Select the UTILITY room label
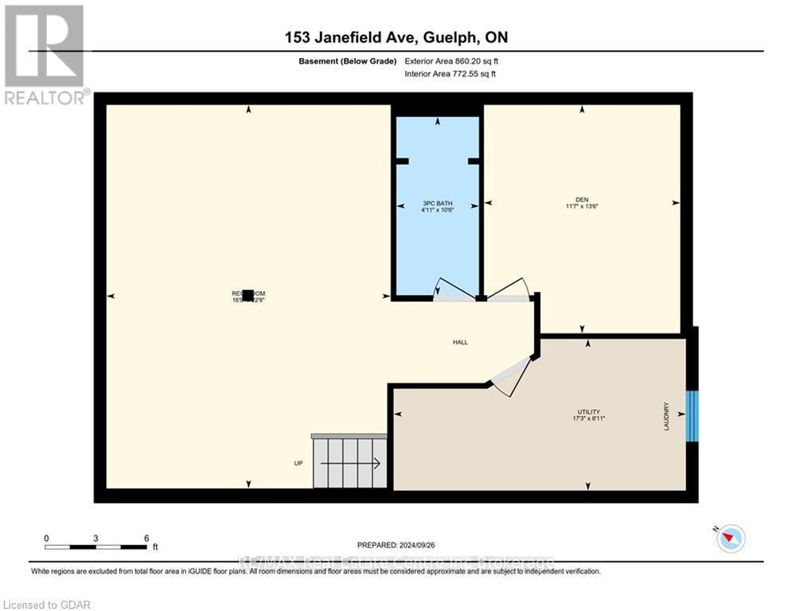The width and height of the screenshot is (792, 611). tap(588, 412)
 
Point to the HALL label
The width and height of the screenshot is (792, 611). tap(460, 343)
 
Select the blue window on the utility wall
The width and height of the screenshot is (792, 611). tap(692, 415)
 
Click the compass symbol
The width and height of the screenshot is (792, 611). tap(729, 539)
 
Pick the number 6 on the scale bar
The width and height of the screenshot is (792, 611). tap(146, 538)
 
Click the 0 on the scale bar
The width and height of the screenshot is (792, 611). tap(47, 538)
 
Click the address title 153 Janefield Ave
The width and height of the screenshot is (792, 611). tap(395, 37)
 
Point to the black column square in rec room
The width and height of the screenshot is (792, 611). tap(248, 295)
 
